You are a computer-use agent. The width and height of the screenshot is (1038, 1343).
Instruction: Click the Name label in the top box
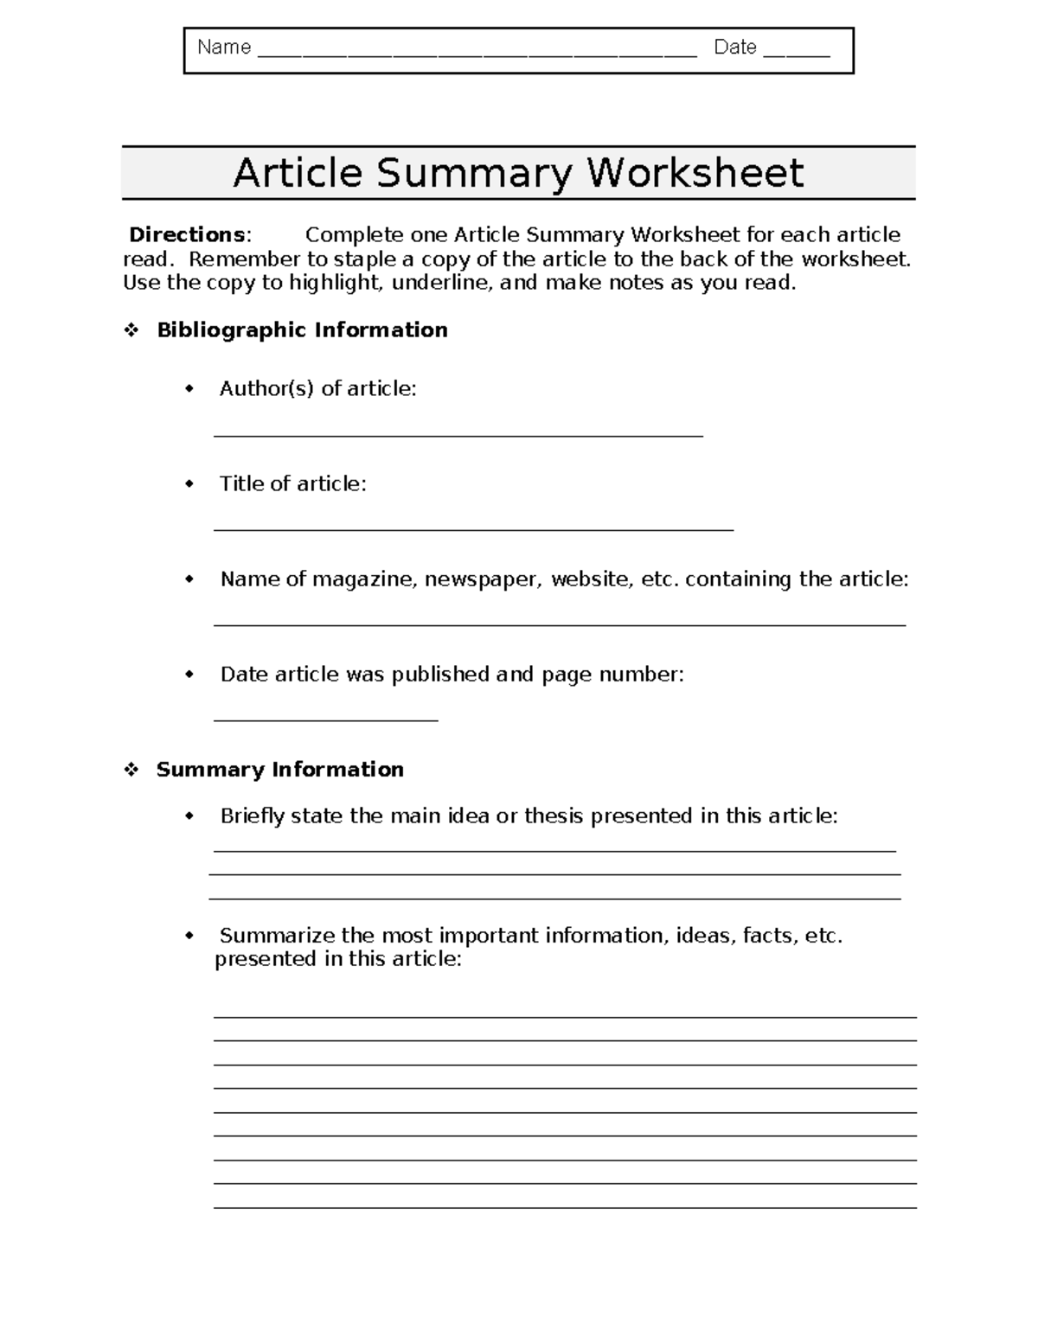tap(224, 48)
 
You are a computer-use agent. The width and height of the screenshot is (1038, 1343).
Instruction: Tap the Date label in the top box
tap(735, 48)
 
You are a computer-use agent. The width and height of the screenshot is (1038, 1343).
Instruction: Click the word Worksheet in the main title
tap(695, 173)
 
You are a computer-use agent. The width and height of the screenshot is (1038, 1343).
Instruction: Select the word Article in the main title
tap(298, 173)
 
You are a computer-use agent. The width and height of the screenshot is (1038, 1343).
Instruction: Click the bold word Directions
tap(187, 235)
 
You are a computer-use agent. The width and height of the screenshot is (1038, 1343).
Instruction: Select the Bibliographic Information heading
tap(302, 330)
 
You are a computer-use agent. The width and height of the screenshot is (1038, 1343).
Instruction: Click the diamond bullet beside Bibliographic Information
tap(131, 330)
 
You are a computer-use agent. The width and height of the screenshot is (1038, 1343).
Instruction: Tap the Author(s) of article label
tap(317, 389)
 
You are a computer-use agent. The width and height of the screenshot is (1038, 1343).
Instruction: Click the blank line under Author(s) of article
tap(458, 436)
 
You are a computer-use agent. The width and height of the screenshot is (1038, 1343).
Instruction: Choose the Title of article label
tap(292, 484)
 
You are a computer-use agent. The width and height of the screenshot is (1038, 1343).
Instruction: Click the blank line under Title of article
tap(473, 529)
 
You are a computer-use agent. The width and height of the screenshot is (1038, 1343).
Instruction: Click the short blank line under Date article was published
tap(326, 719)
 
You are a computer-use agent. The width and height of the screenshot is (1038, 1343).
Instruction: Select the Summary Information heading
tap(279, 770)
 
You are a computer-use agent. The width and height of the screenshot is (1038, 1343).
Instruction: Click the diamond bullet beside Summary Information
tap(131, 770)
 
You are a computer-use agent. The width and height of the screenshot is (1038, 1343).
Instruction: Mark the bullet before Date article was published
tap(190, 675)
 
